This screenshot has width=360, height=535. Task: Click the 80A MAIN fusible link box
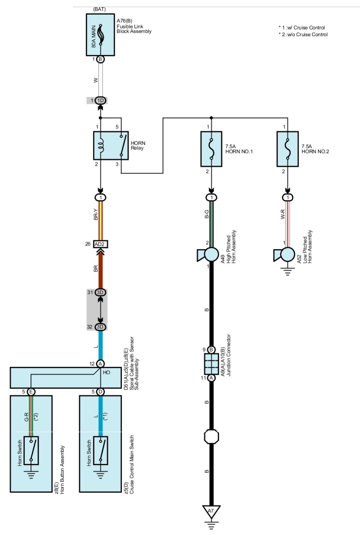[x=100, y=35]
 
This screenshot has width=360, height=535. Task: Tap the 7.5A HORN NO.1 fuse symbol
[x=212, y=149]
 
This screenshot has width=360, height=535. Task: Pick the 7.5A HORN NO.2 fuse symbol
[x=288, y=149]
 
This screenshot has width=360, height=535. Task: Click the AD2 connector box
[x=101, y=244]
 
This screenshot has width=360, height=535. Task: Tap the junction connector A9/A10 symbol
[x=211, y=364]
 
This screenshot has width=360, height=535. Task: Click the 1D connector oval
[x=101, y=100]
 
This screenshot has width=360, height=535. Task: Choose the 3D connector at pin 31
[x=101, y=293]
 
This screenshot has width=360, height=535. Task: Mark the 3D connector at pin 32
[x=101, y=327]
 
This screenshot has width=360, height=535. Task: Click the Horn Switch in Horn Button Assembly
[x=31, y=451]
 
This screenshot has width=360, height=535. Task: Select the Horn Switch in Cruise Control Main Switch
[x=101, y=451]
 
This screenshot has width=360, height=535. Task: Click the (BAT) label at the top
[x=100, y=9]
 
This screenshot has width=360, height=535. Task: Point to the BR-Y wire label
[x=96, y=214]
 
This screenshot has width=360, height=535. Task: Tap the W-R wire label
[x=283, y=214]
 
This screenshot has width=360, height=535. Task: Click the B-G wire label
[x=207, y=214]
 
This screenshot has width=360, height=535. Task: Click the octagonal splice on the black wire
[x=211, y=436]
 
